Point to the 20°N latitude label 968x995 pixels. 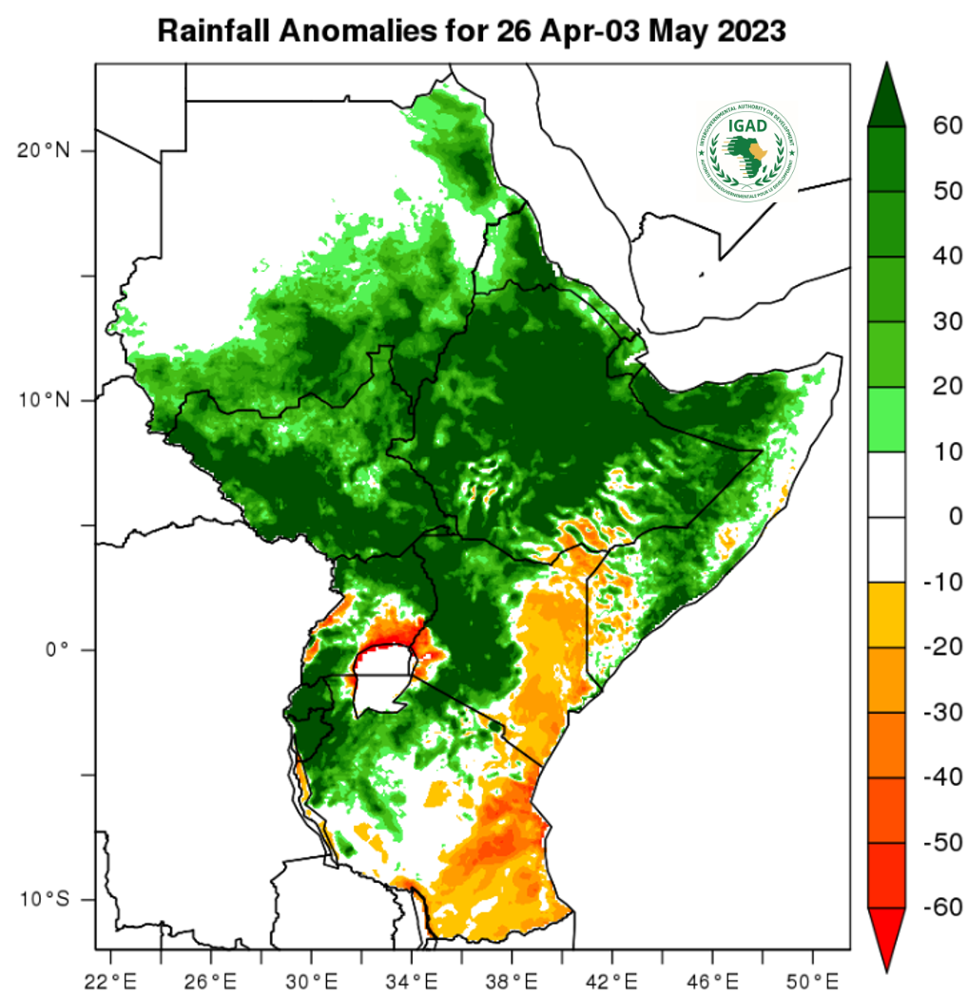[44, 150]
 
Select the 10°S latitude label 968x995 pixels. [44, 899]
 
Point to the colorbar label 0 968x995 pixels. [942, 517]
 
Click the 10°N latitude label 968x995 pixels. [44, 400]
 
